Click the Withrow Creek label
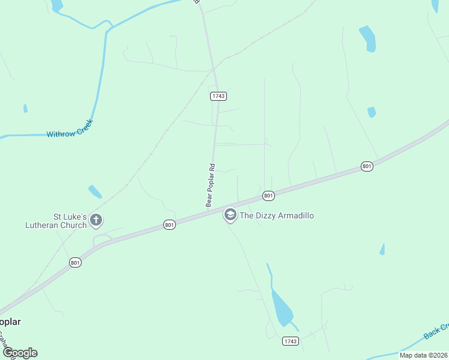coord(70,133)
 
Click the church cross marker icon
coord(96,221)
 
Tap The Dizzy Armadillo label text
coord(277,215)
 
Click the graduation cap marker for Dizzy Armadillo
coord(230,215)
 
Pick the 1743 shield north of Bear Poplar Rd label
coord(218,96)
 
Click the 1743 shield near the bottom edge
coord(291,341)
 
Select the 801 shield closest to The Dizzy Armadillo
coord(268,196)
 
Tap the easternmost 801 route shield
coord(367,166)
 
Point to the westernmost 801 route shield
coord(75,263)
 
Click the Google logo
coord(20,353)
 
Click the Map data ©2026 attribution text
coord(424,355)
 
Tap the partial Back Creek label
coord(436,331)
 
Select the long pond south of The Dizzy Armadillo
coord(281,307)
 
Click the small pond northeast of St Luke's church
coord(95,191)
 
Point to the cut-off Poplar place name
coord(10,322)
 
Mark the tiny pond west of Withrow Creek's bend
coord(25,109)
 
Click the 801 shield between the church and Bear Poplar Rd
coord(170,225)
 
